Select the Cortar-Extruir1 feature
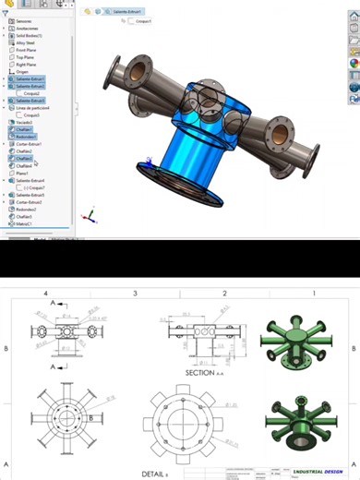(x=29, y=144)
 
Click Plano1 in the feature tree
(x=23, y=173)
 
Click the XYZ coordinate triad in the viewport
(x=88, y=217)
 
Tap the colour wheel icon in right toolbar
(x=353, y=63)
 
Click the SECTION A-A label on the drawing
(x=200, y=373)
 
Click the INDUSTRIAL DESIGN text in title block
(x=318, y=468)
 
